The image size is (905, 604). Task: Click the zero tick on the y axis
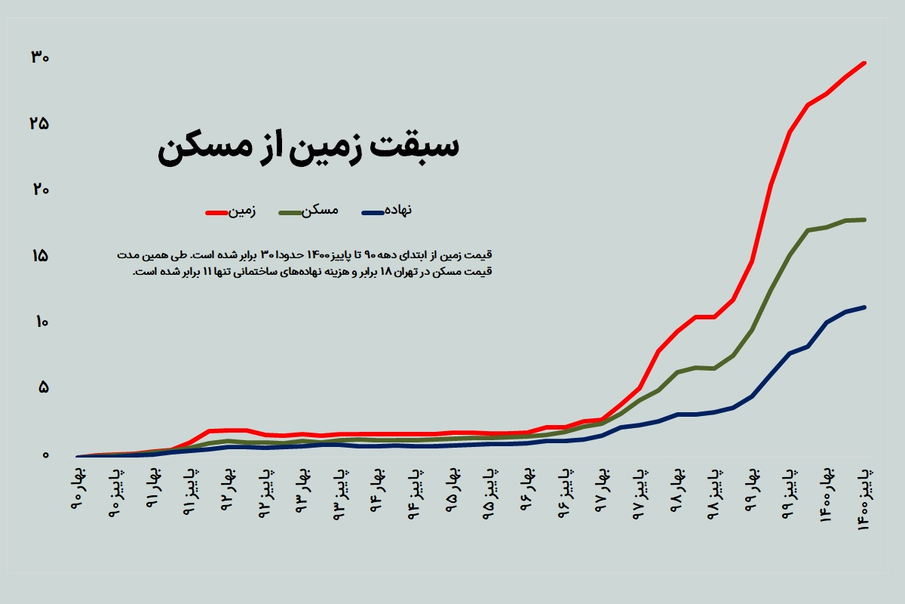pyautogui.click(x=44, y=455)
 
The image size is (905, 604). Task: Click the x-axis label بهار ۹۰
pyautogui.click(x=81, y=488)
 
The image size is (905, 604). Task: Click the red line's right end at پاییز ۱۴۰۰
pyautogui.click(x=864, y=63)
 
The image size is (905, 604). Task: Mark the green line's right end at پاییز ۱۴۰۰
pyautogui.click(x=864, y=220)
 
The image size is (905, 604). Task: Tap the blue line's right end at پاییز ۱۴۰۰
pyautogui.click(x=864, y=307)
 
